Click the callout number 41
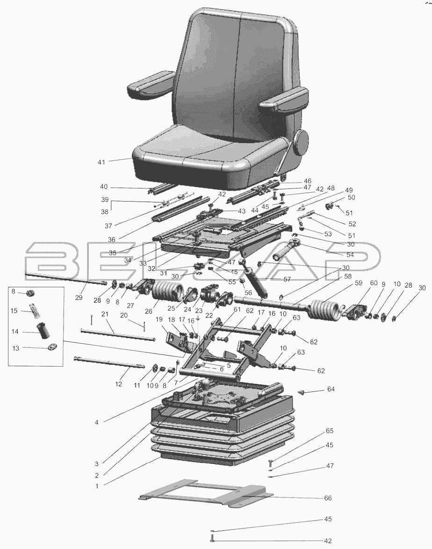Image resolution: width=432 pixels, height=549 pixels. click(x=101, y=162)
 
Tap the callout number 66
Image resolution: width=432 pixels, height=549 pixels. click(x=328, y=498)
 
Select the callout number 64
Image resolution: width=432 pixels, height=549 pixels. click(x=331, y=389)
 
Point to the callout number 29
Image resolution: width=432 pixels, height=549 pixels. click(x=79, y=297)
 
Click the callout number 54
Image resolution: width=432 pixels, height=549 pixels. click(x=350, y=255)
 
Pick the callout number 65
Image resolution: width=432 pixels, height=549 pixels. click(x=330, y=431)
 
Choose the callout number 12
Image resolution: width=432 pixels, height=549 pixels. click(x=119, y=384)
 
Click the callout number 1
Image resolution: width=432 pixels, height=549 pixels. click(x=97, y=486)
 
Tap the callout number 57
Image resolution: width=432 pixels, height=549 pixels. click(x=287, y=279)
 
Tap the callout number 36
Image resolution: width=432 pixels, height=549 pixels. click(x=111, y=239)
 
